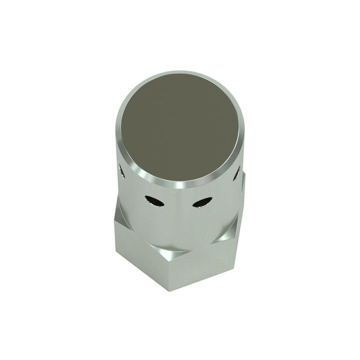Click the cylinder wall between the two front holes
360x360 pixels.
178,203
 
